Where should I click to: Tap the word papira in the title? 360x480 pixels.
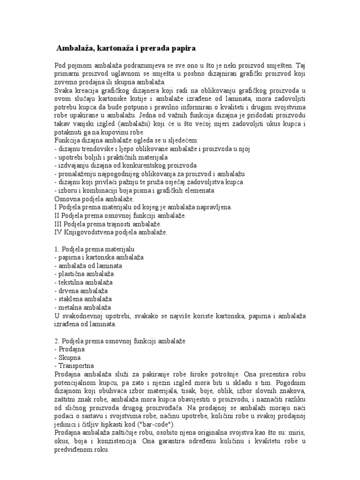[181, 48]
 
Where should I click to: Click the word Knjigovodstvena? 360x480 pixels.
[87, 232]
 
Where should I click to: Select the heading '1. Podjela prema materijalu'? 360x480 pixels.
[95, 249]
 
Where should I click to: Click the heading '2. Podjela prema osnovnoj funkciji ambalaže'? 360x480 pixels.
[120, 340]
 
